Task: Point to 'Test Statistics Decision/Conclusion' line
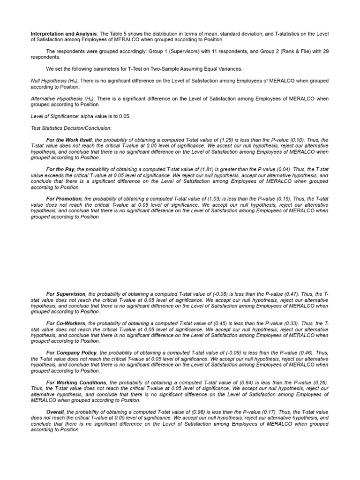tap(71, 128)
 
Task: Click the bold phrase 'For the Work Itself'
tap(70, 140)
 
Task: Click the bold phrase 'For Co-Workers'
tap(66, 323)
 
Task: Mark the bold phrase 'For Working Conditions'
tap(76, 382)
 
